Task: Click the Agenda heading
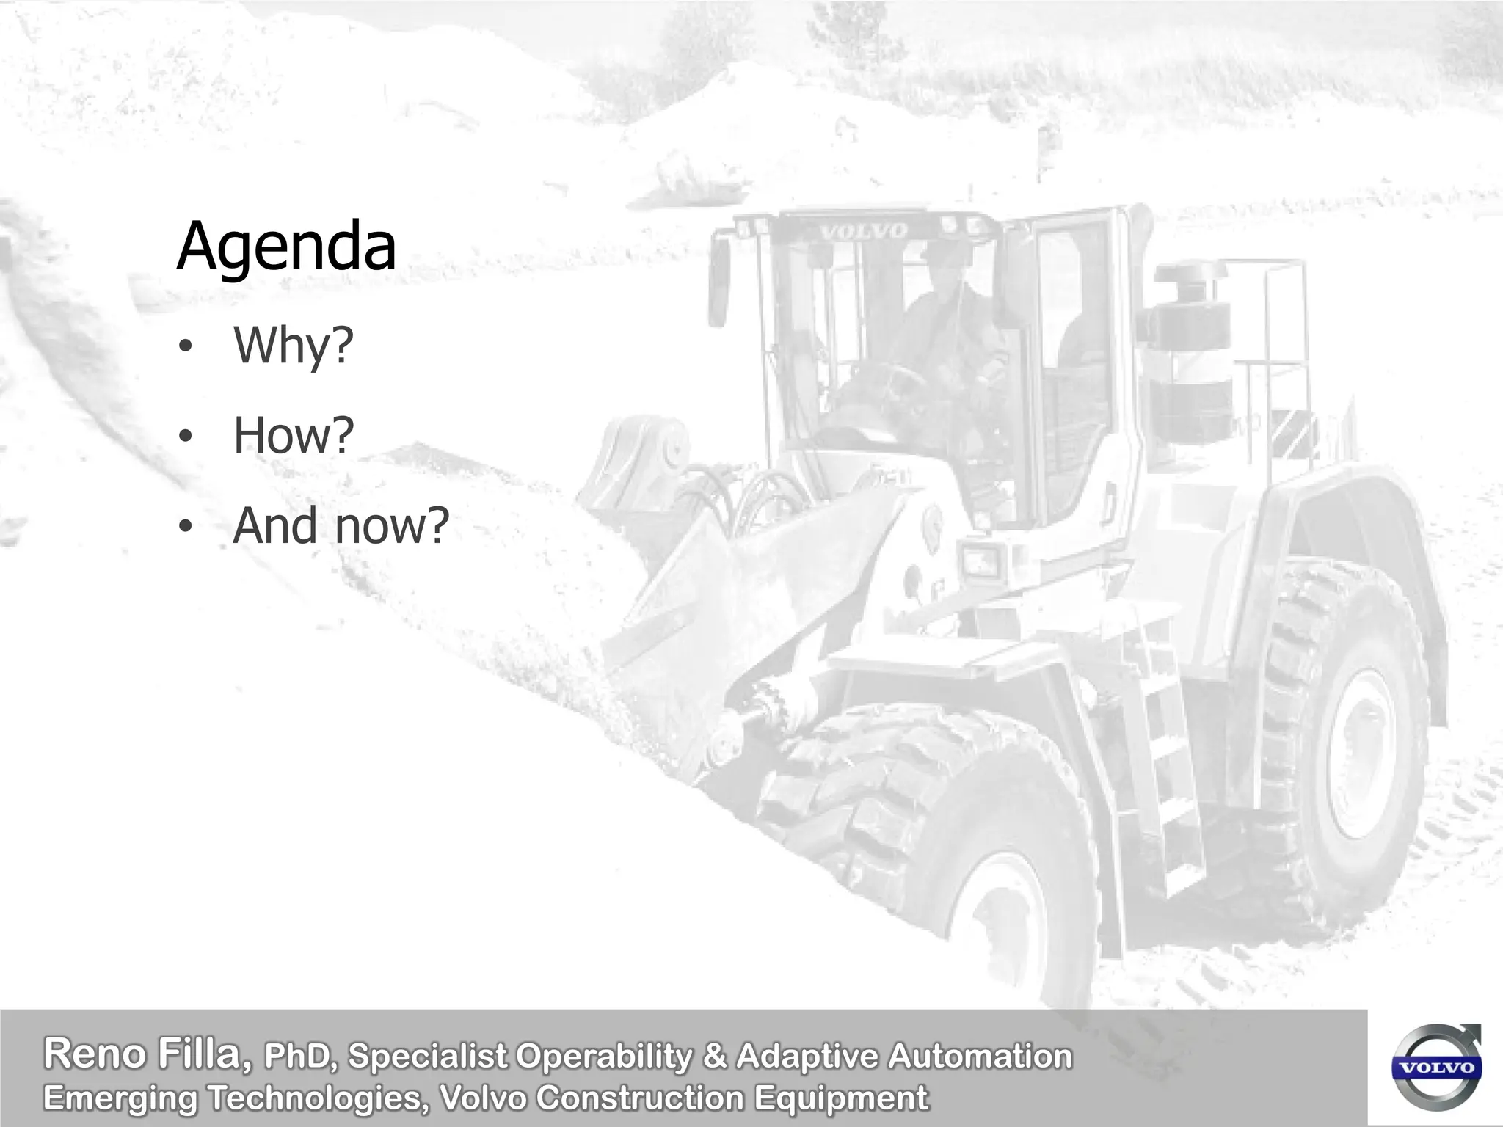point(286,246)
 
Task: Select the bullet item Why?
point(293,345)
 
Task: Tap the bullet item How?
point(293,435)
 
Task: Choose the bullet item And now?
point(340,525)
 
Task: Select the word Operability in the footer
point(603,1057)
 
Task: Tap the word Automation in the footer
point(979,1057)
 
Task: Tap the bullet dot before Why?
point(185,346)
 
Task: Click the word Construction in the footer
point(640,1098)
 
